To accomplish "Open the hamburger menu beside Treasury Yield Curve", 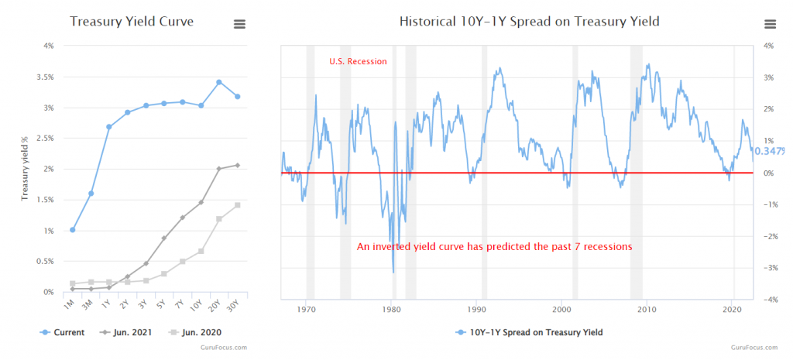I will tap(240, 24).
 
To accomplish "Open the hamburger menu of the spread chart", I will tap(770, 24).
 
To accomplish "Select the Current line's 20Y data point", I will tap(219, 82).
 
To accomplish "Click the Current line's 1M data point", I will tap(73, 230).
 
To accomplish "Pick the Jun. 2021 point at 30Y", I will tap(237, 165).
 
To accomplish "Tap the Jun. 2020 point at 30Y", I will tap(237, 205).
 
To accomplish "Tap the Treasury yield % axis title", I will tap(24, 169).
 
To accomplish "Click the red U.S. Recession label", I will tap(358, 61).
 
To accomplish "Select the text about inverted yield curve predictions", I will tap(494, 247).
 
